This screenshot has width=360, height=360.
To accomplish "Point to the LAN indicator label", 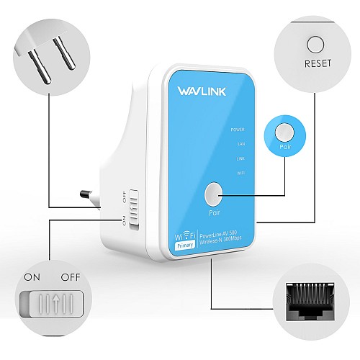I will click(x=240, y=144).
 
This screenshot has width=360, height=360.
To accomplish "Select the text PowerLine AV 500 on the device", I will click(x=225, y=233).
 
